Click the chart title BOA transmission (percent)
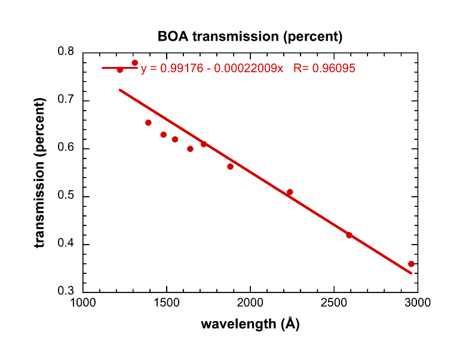click(x=250, y=36)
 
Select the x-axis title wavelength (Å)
click(x=250, y=324)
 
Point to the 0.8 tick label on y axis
click(x=65, y=53)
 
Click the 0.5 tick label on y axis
click(x=65, y=197)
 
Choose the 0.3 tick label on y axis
click(x=65, y=292)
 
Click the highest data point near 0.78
click(x=135, y=63)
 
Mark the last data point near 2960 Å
click(x=411, y=264)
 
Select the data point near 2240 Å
click(x=290, y=192)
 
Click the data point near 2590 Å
click(x=349, y=235)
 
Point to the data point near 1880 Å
click(x=230, y=166)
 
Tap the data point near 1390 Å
click(x=148, y=123)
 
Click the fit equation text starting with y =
click(x=212, y=69)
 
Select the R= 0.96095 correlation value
click(x=324, y=69)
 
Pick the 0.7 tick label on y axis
click(x=65, y=100)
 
